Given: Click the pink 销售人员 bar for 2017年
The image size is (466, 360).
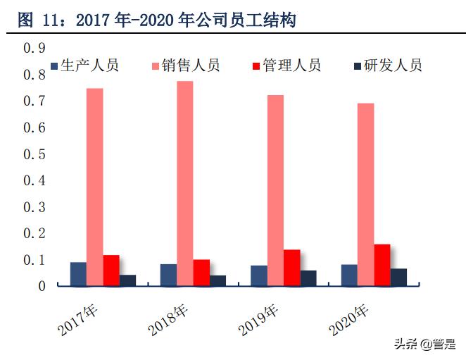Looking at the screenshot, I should (x=95, y=187).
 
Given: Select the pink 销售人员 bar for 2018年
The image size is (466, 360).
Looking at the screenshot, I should (x=185, y=183).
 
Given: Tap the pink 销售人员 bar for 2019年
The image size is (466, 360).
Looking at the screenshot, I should (x=275, y=190).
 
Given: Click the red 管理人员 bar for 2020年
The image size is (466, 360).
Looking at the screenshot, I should (x=382, y=265).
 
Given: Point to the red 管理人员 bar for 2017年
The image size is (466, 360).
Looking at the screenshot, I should (x=111, y=271).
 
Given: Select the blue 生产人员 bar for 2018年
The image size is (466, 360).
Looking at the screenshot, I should (x=168, y=275).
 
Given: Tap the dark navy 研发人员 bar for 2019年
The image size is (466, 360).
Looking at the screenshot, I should (x=308, y=278).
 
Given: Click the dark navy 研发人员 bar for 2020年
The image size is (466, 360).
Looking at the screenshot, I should (x=398, y=277).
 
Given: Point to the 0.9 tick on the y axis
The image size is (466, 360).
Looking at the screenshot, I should (x=34, y=49).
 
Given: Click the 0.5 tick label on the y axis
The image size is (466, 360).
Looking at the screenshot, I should (x=34, y=154).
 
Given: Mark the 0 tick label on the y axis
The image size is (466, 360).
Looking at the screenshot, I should (x=42, y=286).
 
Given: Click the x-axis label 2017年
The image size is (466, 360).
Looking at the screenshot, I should (x=79, y=318).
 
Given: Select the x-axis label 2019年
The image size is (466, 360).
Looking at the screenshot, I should (x=259, y=318).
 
